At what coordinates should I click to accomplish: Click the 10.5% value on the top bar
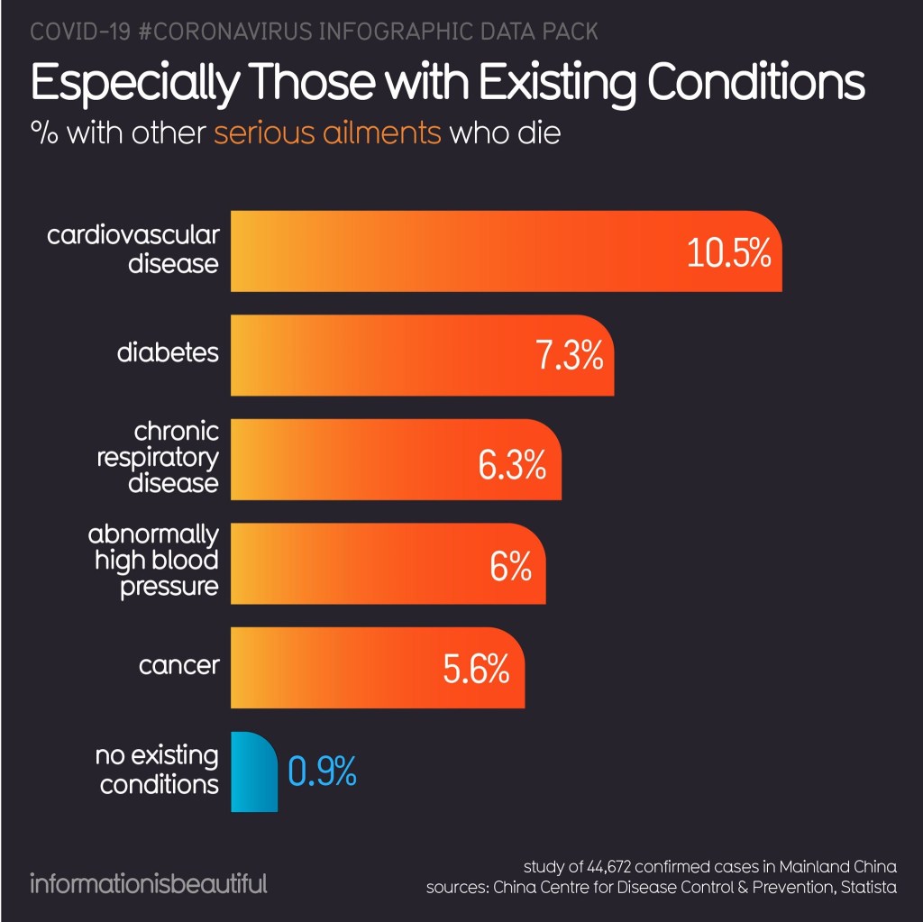tap(728, 253)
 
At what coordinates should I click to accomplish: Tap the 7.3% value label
tap(569, 357)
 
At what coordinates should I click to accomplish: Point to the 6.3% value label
tap(512, 467)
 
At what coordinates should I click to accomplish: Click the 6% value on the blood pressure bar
tap(510, 568)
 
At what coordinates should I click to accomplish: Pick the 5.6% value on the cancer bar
tap(477, 670)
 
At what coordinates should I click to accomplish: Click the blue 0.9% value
tap(323, 772)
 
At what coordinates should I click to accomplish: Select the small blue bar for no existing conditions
tap(254, 772)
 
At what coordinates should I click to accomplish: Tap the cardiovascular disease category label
tap(133, 250)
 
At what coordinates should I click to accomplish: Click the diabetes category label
tap(168, 351)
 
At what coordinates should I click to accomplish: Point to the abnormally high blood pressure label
tap(153, 560)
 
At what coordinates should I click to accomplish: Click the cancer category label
tap(178, 666)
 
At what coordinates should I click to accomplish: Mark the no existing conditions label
tap(157, 770)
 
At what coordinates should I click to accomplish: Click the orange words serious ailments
tap(328, 133)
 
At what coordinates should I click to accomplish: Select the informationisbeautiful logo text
tap(149, 881)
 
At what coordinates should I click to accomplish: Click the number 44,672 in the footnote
tap(610, 867)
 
